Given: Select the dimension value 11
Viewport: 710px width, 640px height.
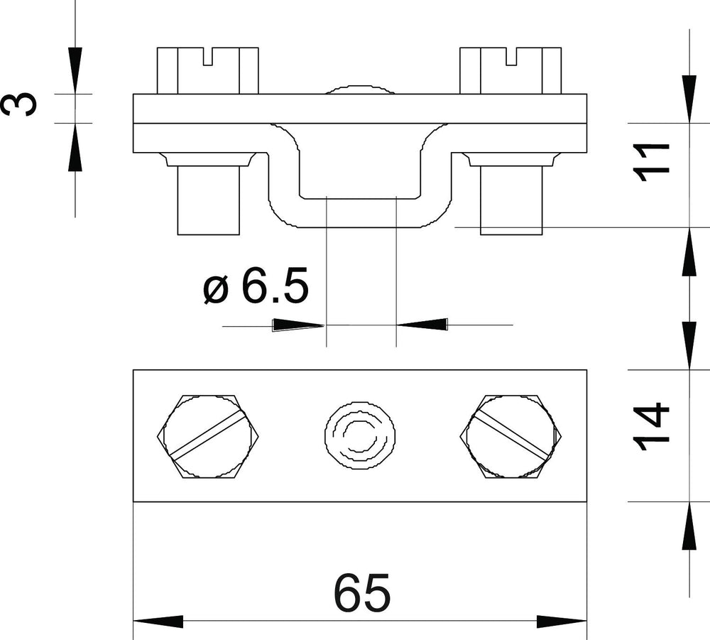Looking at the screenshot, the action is (x=652, y=162).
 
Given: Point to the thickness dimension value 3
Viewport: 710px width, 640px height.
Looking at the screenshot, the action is (x=19, y=104).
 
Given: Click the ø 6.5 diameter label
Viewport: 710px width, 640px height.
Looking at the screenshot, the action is (x=256, y=285).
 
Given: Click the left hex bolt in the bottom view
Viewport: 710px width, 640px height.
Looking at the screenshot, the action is (x=208, y=436).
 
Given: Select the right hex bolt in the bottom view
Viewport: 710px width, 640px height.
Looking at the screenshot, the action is (x=510, y=436).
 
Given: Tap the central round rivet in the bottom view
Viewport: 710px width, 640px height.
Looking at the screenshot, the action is (x=359, y=435).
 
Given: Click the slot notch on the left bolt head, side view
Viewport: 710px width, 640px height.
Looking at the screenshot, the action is (x=208, y=57).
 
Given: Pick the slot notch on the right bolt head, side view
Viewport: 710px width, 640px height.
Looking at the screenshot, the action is (x=510, y=57).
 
